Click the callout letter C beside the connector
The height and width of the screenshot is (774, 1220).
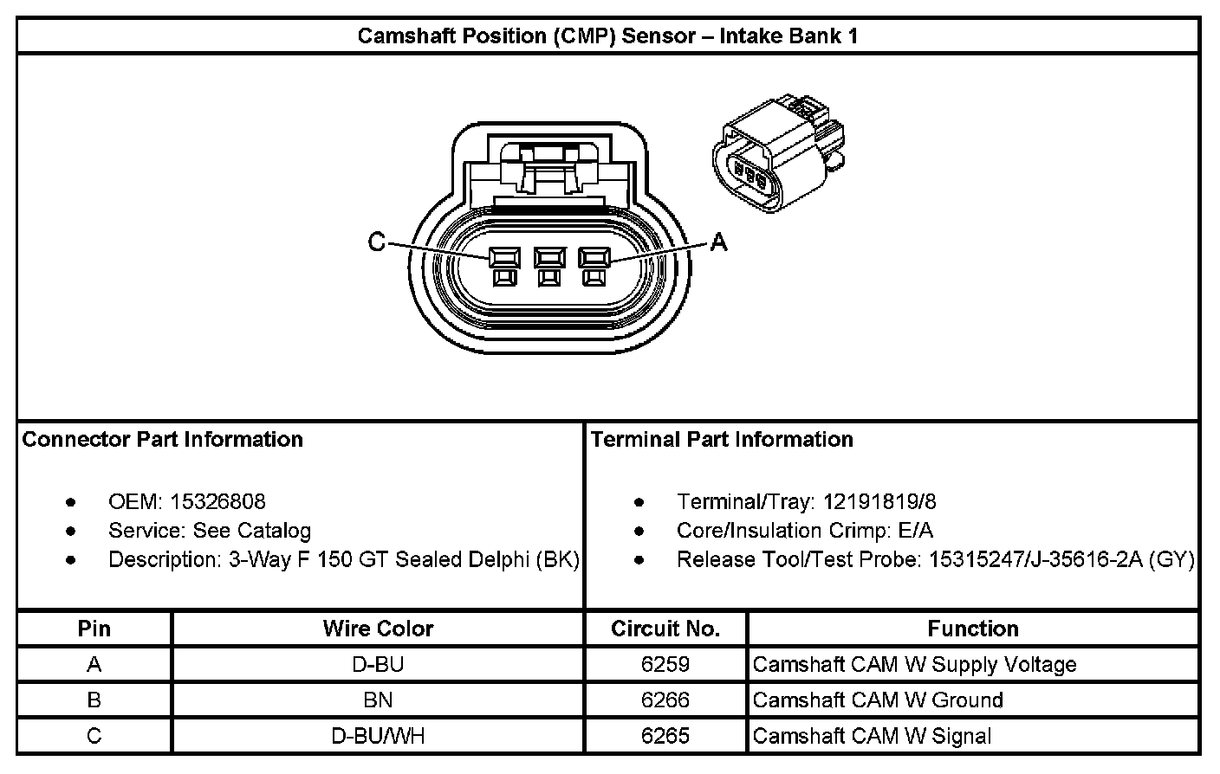point(376,242)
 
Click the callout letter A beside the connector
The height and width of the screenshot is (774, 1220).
point(718,243)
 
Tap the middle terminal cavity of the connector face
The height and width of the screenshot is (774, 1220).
point(548,257)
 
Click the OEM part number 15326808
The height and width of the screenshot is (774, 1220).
point(217,501)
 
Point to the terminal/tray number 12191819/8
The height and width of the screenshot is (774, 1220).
point(879,501)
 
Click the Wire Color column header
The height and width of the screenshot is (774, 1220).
point(378,629)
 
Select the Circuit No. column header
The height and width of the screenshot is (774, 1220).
point(665,629)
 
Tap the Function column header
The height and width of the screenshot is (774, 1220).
point(972,629)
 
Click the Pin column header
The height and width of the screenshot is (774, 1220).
point(94,629)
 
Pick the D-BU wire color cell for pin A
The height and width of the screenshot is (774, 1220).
point(378,664)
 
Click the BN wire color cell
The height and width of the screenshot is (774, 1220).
point(378,700)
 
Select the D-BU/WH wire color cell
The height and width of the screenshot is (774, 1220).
point(378,736)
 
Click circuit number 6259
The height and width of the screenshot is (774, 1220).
point(665,664)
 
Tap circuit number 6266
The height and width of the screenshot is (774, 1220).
point(665,700)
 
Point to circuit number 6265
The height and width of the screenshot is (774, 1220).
point(665,736)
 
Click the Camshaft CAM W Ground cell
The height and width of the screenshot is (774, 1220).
point(878,700)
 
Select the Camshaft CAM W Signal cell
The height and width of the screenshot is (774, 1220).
point(872,736)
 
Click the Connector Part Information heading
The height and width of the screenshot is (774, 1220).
point(163,439)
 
